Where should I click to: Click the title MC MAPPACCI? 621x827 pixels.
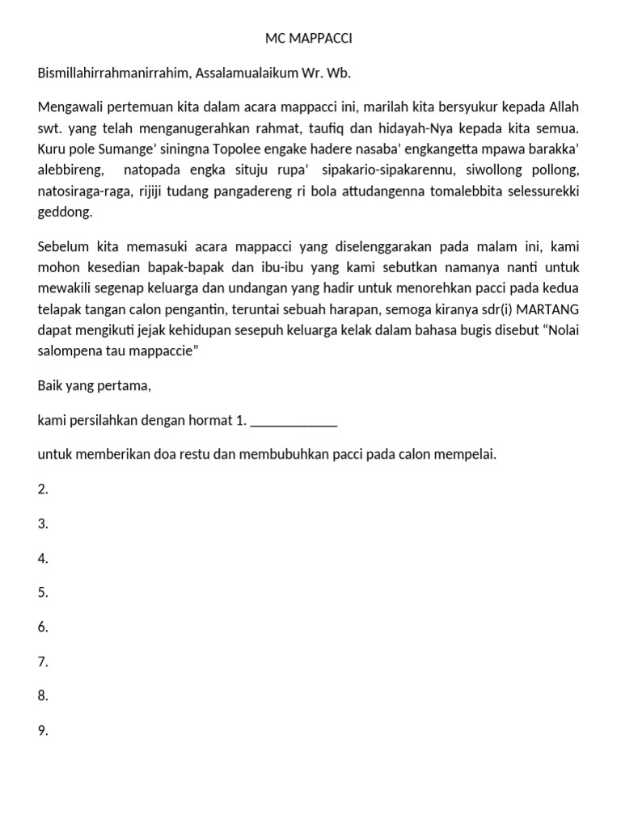point(310,38)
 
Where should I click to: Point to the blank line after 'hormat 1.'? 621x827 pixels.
point(294,420)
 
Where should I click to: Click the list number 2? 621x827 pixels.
point(43,489)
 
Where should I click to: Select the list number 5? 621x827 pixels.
point(43,592)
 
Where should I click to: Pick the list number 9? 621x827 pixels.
point(43,731)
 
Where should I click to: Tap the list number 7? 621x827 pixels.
point(43,661)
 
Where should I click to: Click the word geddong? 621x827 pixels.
point(65,212)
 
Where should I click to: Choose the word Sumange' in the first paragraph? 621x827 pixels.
point(129,149)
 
